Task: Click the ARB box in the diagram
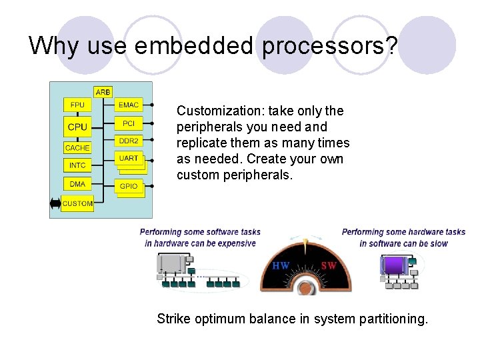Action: coord(103,91)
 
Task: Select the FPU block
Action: coord(78,105)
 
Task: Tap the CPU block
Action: coord(78,126)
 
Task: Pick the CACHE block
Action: coord(77,147)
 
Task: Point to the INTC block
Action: coord(78,165)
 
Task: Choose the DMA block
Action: coord(78,184)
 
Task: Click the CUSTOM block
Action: coord(78,203)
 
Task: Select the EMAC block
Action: coord(128,105)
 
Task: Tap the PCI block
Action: coord(128,123)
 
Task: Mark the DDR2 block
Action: coord(128,141)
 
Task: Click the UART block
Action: coord(128,159)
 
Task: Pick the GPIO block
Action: coord(128,186)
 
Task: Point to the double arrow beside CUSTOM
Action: coord(55,203)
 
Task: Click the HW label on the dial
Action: coord(281,265)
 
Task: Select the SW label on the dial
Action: coord(329,265)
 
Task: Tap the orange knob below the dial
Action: coord(305,288)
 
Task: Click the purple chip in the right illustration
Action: coord(394,265)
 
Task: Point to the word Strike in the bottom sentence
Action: coord(173,319)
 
